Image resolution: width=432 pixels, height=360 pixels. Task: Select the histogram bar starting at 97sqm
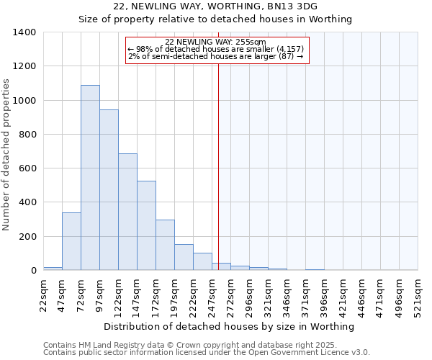click(109, 190)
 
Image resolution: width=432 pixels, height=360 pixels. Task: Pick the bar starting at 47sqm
click(71, 241)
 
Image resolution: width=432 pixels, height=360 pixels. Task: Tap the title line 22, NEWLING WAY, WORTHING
click(215, 6)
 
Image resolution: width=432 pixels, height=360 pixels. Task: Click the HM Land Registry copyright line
click(206, 346)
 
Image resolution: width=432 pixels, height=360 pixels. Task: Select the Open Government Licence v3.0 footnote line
click(206, 353)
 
